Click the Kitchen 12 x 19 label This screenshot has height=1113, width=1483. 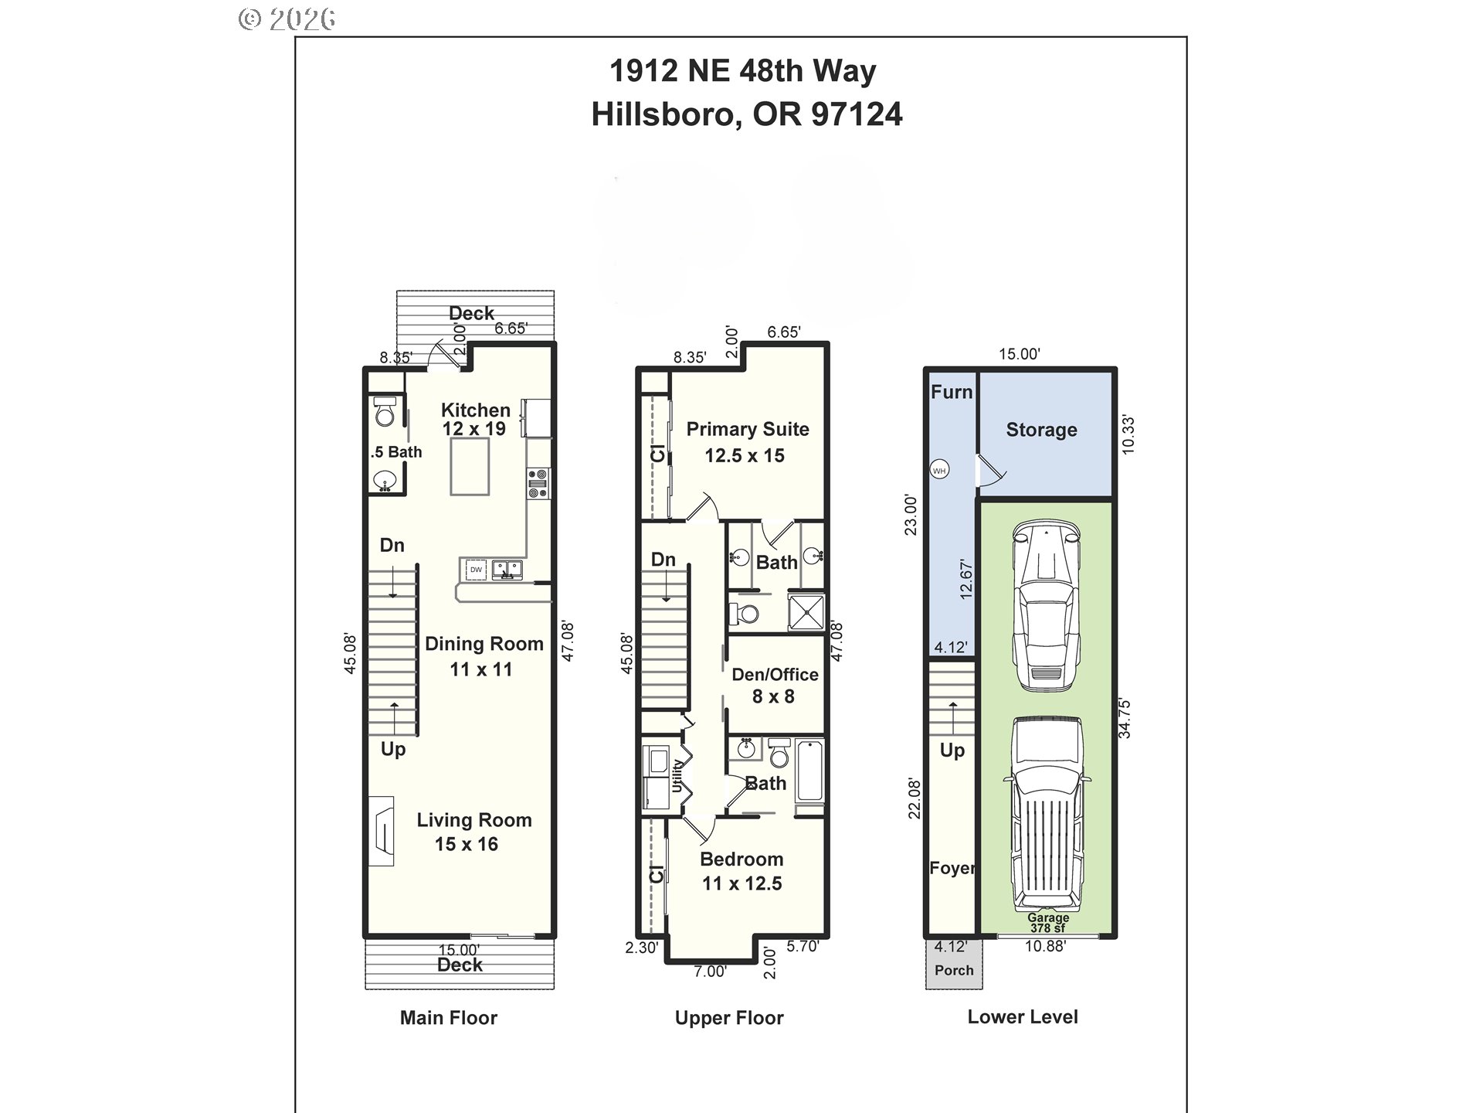point(475,420)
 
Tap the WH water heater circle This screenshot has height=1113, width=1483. point(939,470)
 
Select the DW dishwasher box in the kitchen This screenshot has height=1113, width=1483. point(477,570)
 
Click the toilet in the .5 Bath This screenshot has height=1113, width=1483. point(385,413)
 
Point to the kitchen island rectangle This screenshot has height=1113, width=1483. point(470,466)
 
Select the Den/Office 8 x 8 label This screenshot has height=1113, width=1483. point(775,685)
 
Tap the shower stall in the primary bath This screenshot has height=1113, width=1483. point(806,611)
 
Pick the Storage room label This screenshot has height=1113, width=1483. point(1041,430)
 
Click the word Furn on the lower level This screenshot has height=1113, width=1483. point(951,392)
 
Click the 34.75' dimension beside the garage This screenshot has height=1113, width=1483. point(1125,718)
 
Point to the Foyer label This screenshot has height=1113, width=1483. point(952,868)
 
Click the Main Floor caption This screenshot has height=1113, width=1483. point(448,1018)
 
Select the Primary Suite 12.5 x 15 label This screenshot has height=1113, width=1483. point(747,442)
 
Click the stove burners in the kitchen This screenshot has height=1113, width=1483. point(538,483)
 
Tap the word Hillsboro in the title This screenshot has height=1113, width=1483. point(661,114)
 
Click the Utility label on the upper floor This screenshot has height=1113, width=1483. point(677,775)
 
